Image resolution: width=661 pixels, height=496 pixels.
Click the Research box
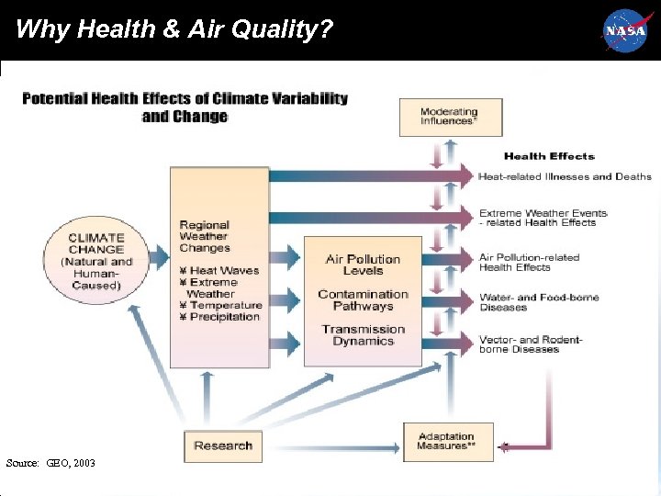click(x=223, y=445)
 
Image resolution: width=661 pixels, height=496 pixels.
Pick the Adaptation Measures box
click(x=447, y=442)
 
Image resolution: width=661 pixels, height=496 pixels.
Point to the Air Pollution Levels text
click(x=363, y=265)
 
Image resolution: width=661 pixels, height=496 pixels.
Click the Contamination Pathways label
click(x=363, y=300)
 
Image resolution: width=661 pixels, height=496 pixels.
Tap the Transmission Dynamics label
click(x=363, y=335)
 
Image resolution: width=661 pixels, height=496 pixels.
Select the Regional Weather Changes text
click(x=205, y=236)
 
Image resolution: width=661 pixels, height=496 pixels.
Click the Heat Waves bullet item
click(x=220, y=271)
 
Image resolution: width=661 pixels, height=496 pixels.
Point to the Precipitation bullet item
click(x=220, y=317)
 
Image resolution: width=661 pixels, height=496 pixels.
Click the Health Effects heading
click(x=549, y=156)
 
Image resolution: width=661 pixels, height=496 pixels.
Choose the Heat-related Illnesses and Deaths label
click(x=565, y=176)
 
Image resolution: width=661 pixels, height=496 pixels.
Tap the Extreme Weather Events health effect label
click(x=543, y=218)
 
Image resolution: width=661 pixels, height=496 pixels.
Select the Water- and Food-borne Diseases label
click(x=539, y=302)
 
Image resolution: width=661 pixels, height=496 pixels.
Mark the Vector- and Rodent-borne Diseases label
click(x=531, y=344)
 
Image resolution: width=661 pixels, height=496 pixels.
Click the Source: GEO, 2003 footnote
click(x=50, y=463)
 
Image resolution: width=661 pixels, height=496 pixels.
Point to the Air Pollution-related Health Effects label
click(x=530, y=262)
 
